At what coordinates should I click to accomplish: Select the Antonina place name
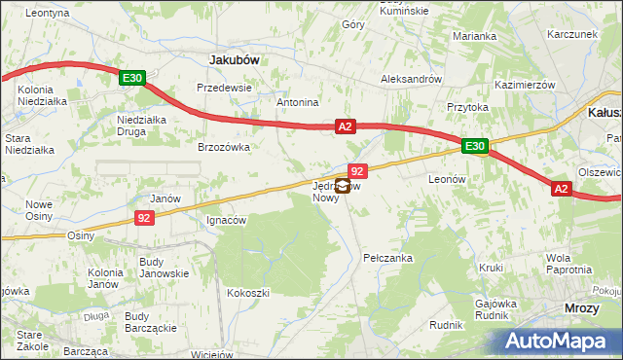coord(298,102)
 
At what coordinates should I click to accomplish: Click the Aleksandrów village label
coord(412,79)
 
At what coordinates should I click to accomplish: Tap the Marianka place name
coord(474,36)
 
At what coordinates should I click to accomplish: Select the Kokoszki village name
coord(247,292)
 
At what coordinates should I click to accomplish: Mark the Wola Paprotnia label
coord(570,264)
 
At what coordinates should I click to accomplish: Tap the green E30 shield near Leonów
coord(474,147)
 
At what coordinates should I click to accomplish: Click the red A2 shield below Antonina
coord(346,126)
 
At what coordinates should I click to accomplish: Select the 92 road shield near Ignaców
coord(143,218)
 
